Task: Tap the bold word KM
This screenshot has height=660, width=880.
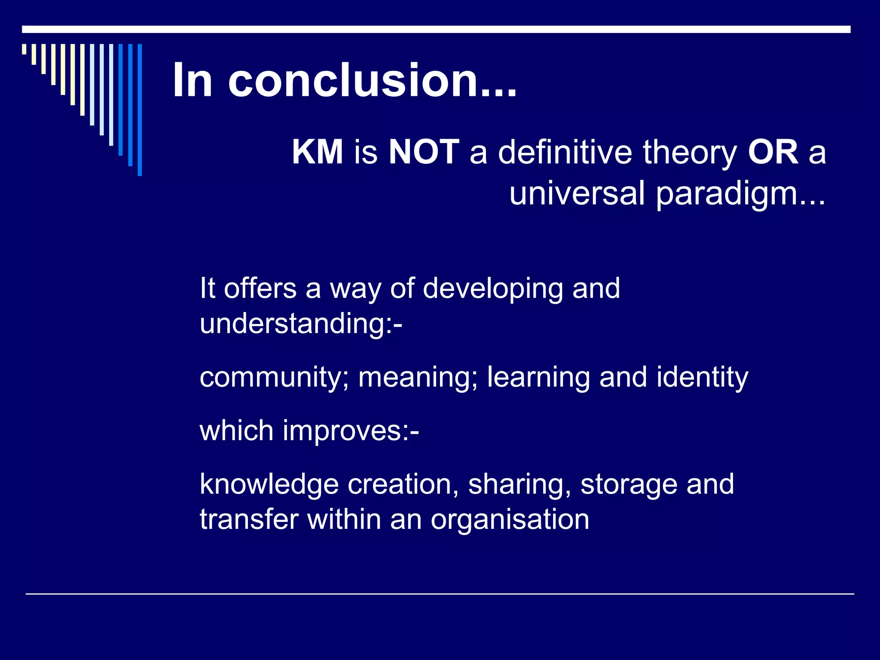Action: click(x=318, y=152)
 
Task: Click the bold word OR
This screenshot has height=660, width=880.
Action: click(x=773, y=152)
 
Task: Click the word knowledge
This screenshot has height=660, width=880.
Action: click(x=269, y=484)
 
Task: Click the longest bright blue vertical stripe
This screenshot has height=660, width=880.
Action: click(x=140, y=110)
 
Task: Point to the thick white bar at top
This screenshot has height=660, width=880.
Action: click(x=436, y=29)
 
